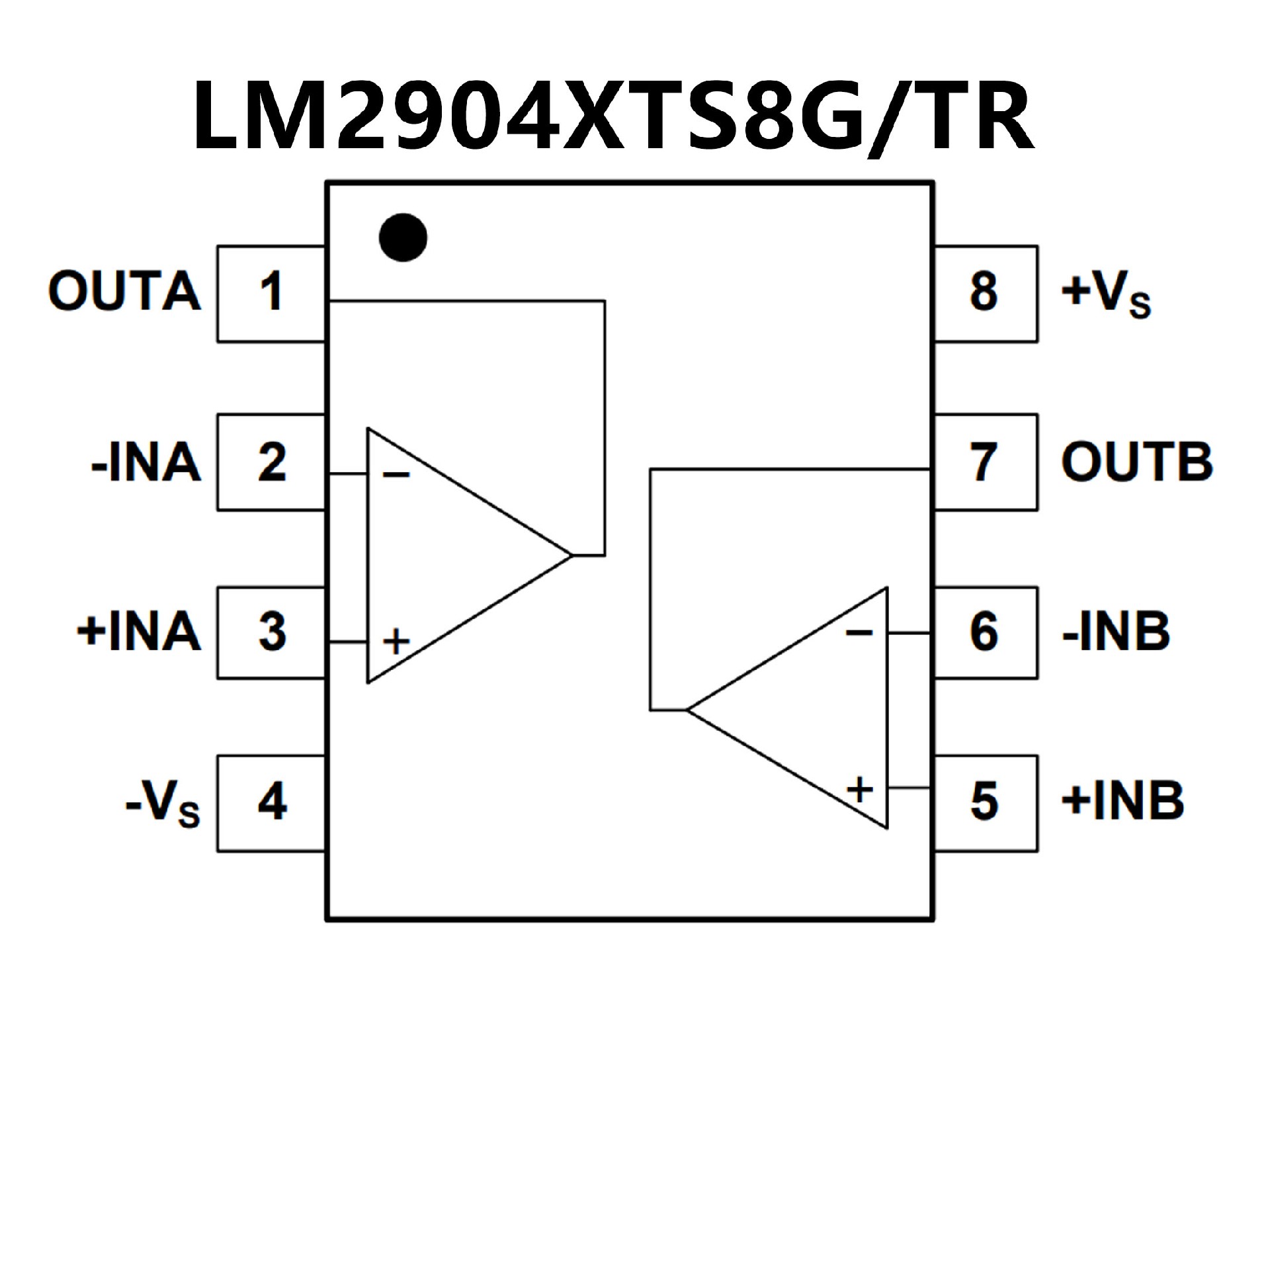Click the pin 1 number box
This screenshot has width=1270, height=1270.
[x=271, y=293]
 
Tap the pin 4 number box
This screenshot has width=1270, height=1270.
[x=271, y=802]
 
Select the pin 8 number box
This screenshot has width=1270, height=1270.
[x=984, y=293]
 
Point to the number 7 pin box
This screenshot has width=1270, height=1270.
[x=984, y=462]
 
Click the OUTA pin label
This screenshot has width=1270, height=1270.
[x=124, y=291]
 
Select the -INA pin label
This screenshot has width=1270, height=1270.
[x=146, y=462]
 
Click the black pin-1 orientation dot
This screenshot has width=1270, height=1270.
[x=403, y=237]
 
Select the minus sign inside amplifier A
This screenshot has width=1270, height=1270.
[x=396, y=474]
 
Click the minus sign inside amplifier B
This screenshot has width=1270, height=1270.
[x=859, y=633]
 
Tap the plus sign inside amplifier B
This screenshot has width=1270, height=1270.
[x=860, y=789]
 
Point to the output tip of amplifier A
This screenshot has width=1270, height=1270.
[x=570, y=555]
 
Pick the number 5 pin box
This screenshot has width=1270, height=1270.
[x=984, y=802]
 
